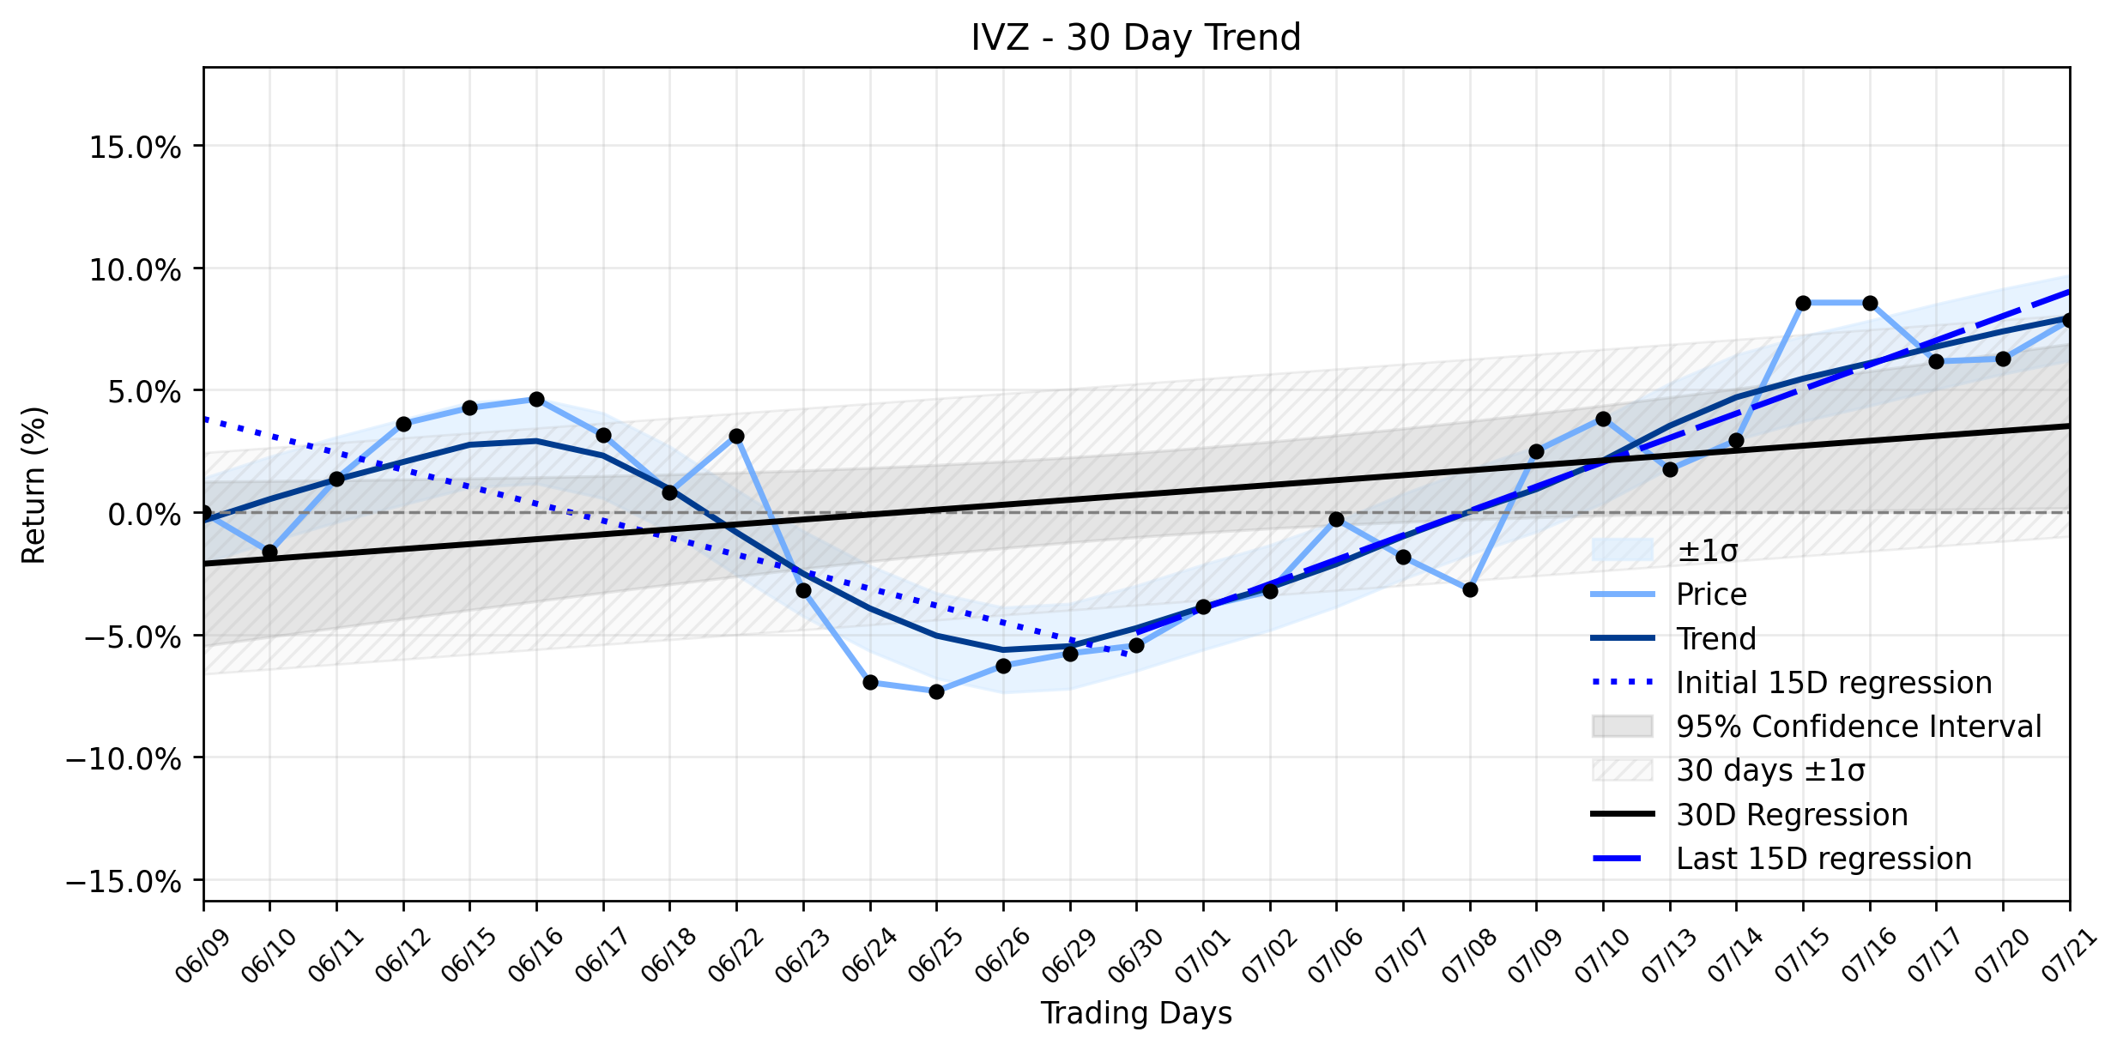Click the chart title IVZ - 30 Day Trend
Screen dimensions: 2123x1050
coord(1136,38)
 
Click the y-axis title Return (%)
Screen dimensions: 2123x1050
coord(33,485)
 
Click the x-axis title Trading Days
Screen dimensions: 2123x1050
coord(1136,1013)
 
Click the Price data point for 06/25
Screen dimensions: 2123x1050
coord(936,691)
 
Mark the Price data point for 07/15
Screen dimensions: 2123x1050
coord(1803,303)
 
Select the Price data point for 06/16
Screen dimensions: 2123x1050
coord(536,399)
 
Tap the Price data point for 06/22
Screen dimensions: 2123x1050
coord(736,436)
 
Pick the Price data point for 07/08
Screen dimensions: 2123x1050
coord(1470,589)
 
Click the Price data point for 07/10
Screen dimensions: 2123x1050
coord(1603,419)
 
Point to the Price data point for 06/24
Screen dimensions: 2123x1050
coord(870,682)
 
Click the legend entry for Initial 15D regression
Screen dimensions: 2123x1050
coord(1792,683)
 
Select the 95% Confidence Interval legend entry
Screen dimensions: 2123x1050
coord(1817,727)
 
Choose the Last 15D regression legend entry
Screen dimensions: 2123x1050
coord(1781,859)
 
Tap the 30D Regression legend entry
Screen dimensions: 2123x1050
coord(1750,815)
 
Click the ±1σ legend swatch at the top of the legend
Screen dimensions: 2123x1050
coord(1623,550)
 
